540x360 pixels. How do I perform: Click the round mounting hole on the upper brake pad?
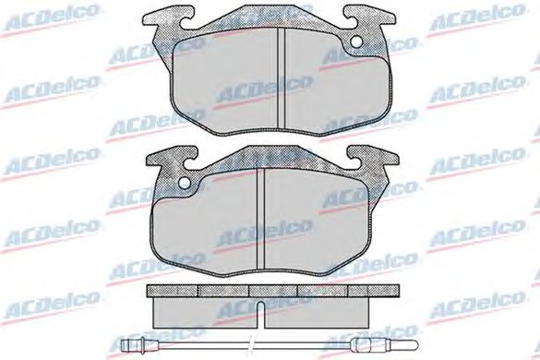356,42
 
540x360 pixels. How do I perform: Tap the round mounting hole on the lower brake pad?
186,183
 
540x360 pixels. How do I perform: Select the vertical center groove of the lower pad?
260,221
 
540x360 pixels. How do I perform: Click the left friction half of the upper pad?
224,83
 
